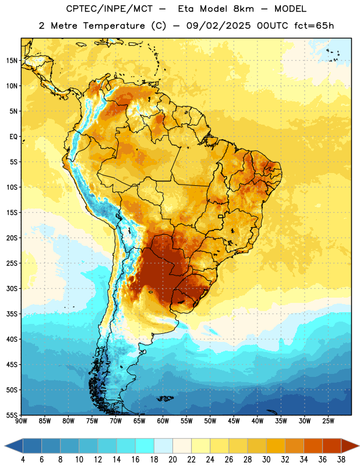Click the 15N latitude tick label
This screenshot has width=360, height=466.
click(12, 61)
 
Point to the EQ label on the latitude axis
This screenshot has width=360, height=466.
click(13, 137)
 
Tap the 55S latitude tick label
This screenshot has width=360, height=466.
click(12, 415)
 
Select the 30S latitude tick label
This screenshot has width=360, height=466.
click(12, 288)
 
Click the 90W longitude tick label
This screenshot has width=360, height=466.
click(21, 421)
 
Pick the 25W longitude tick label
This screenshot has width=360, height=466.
click(328, 421)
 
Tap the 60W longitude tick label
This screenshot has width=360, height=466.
click(163, 421)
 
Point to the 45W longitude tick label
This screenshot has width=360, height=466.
click(234, 421)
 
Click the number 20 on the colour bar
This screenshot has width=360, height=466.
click(172, 460)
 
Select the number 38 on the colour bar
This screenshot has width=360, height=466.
click(341, 460)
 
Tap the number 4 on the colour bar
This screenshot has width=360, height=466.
click(23, 460)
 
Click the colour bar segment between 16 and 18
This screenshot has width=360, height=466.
click(144, 446)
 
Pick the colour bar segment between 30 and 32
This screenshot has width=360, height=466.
click(276, 446)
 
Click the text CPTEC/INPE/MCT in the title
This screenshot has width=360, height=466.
click(109, 9)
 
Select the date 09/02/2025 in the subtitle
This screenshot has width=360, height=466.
click(219, 26)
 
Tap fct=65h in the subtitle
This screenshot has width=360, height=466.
click(314, 26)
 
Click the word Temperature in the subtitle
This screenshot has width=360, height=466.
click(114, 26)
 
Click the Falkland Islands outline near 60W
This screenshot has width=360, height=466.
click(165, 398)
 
